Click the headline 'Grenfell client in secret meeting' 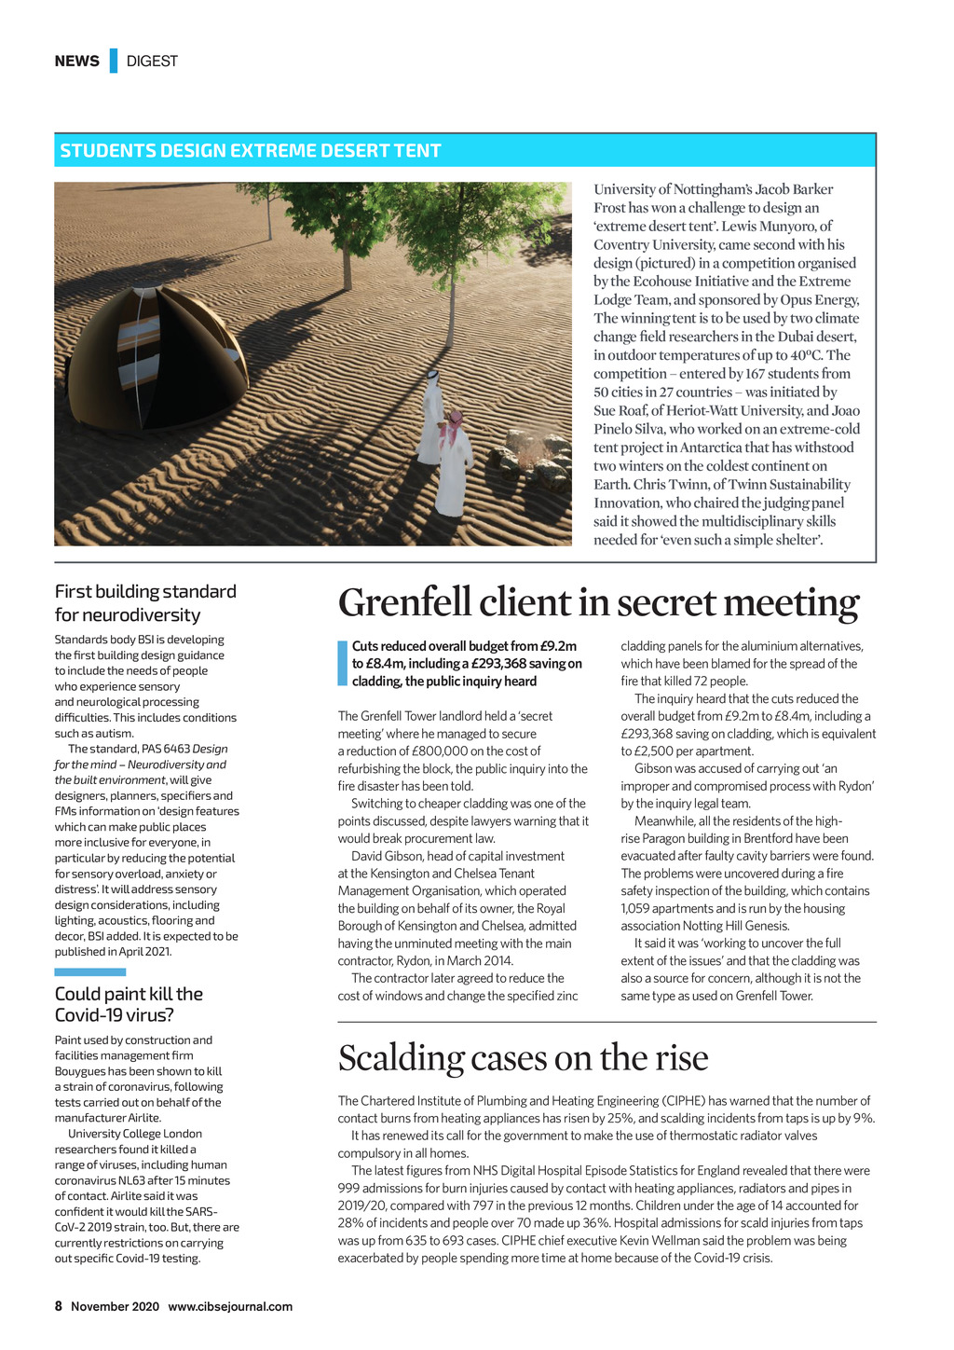coord(598,603)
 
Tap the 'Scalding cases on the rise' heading coord(523,1058)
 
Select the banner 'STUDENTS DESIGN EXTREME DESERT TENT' coord(251,151)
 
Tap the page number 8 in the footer coord(58,1306)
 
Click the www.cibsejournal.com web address coord(230,1306)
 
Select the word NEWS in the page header coord(76,62)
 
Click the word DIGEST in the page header coord(152,62)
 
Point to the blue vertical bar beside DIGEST coord(113,61)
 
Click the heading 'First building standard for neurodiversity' coord(145,602)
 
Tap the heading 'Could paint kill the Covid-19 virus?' coord(129,1004)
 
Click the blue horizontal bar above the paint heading coord(89,972)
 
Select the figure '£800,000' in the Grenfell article coord(445,751)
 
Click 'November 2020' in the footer coord(115,1306)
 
